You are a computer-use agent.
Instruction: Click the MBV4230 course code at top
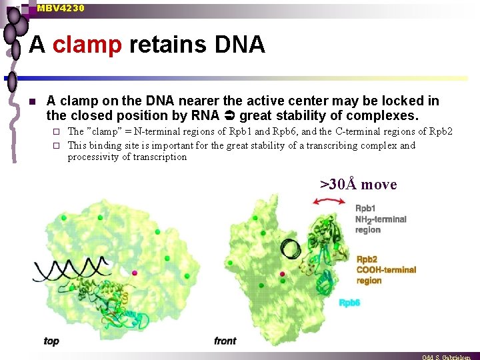pos(61,8)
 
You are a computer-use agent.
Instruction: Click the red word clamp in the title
pos(87,45)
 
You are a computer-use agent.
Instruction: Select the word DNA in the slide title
pos(239,45)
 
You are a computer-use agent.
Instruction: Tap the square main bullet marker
pos(31,102)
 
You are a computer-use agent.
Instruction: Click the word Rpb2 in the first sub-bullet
pos(441,131)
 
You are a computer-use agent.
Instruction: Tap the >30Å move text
pos(358,184)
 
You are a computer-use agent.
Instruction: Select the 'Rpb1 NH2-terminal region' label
pos(380,219)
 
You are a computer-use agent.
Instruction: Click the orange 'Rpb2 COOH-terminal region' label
pos(386,270)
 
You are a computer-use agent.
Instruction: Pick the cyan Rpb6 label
pos(349,303)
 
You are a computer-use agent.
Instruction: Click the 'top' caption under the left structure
pos(51,341)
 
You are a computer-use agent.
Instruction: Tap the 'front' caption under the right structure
pos(225,341)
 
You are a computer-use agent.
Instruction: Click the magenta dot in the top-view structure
pos(135,273)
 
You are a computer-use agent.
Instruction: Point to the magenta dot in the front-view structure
pos(283,274)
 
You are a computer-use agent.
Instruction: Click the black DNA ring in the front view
pos(291,250)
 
